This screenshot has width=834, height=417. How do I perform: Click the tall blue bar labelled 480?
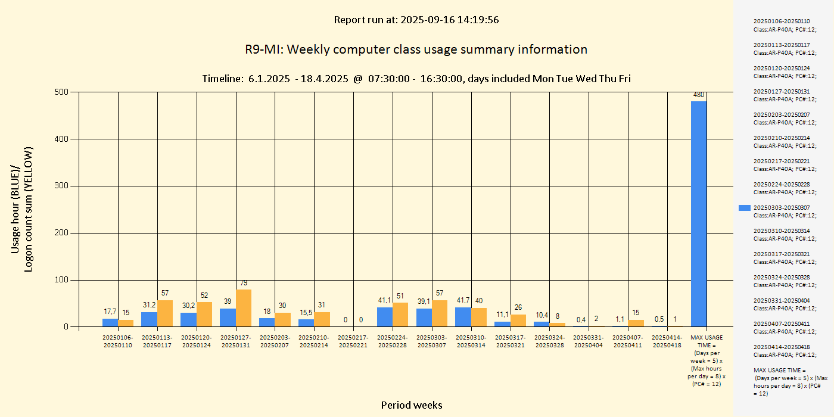tap(699, 214)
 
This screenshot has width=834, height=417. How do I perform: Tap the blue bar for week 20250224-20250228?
tap(385, 317)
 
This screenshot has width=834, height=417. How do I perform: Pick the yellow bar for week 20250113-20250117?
tap(165, 313)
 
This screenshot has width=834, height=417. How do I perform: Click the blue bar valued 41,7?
tap(463, 317)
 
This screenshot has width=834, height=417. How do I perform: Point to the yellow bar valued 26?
tap(518, 320)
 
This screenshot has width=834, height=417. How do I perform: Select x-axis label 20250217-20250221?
tap(353, 341)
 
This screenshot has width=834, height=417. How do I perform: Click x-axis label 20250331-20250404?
tap(589, 341)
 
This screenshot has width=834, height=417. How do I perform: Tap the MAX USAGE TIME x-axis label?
tap(706, 361)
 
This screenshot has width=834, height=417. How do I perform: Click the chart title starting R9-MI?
tap(416, 49)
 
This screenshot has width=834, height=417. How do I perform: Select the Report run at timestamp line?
tap(416, 20)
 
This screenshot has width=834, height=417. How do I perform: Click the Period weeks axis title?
tap(412, 405)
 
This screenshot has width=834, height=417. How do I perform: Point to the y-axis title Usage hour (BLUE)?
tap(16, 208)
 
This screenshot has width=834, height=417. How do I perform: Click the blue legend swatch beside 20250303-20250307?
tap(744, 208)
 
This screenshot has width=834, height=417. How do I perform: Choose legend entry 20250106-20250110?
tap(781, 25)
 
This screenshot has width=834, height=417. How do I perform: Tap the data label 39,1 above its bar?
tap(424, 301)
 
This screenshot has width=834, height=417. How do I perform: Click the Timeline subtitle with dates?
tap(416, 79)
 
